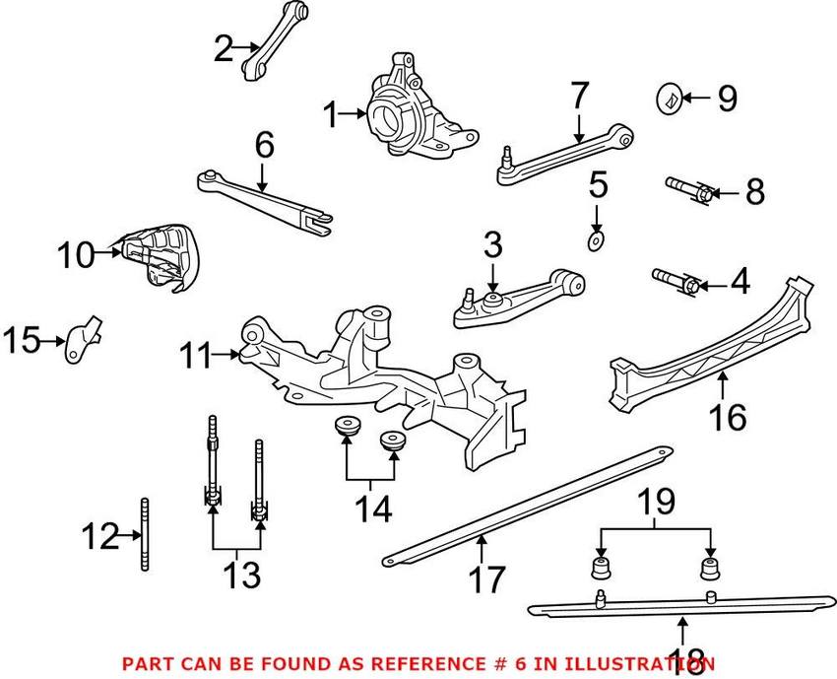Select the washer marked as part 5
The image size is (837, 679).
click(x=597, y=241)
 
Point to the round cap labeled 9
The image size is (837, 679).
click(x=669, y=98)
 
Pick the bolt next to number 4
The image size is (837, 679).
click(x=676, y=281)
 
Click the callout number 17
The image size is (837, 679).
click(x=485, y=578)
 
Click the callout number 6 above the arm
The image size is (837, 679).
click(x=263, y=146)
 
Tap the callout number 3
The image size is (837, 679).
click(x=492, y=244)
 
